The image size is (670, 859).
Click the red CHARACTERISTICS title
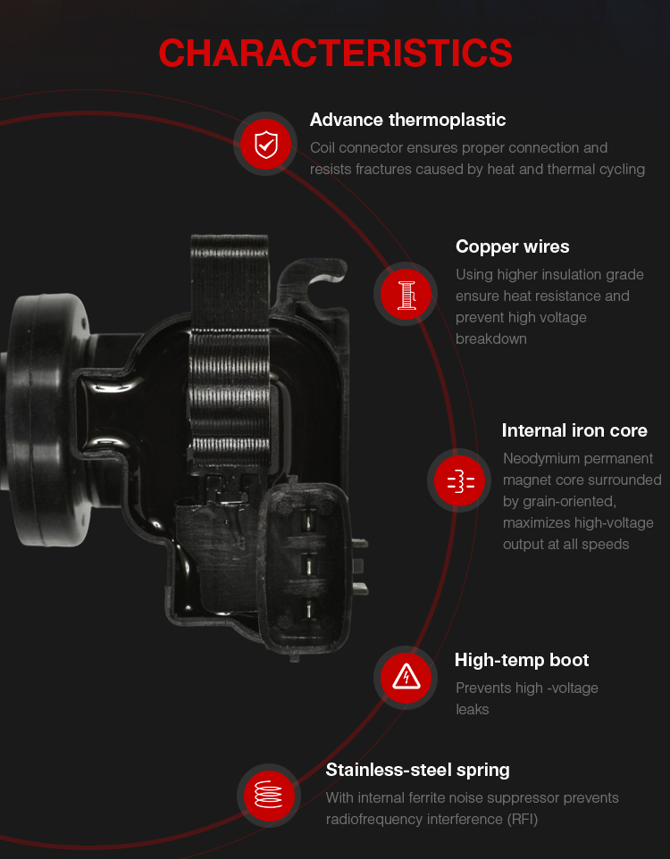(335, 54)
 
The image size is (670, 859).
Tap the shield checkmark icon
(266, 144)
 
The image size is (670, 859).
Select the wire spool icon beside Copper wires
(406, 294)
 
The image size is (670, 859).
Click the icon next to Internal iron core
(459, 480)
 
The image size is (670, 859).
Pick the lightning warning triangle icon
(406, 678)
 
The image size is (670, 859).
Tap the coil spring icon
(269, 795)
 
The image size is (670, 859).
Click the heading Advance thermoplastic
(407, 120)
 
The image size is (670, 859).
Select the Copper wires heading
(512, 246)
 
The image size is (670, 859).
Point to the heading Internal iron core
(574, 430)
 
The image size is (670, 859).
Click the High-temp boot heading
(522, 660)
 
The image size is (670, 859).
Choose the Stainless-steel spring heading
(417, 771)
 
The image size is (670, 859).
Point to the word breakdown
(490, 339)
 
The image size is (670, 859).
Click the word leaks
(472, 710)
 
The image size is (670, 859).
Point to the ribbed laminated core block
(230, 351)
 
